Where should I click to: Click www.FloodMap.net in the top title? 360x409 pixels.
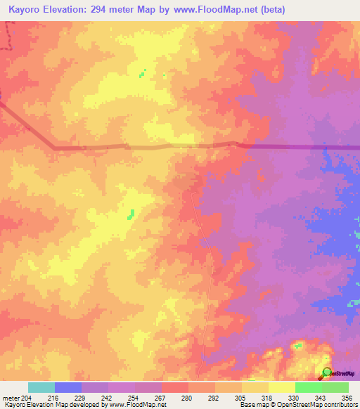[x=231, y=10]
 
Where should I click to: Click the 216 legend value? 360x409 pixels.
[x=53, y=397]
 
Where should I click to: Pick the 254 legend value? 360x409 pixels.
[x=134, y=397]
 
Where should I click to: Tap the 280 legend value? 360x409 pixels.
[x=187, y=397]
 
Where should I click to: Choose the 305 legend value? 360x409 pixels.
[x=240, y=397]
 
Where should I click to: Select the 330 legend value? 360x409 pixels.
[x=294, y=397]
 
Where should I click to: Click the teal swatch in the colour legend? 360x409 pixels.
[x=41, y=387]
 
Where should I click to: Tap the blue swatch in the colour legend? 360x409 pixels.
[x=67, y=387]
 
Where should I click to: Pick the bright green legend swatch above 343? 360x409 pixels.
[x=308, y=387]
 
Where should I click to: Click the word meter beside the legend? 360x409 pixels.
[x=9, y=397]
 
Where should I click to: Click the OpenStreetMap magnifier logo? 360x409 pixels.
[x=327, y=372]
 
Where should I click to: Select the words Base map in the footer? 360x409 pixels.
[x=252, y=405]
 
